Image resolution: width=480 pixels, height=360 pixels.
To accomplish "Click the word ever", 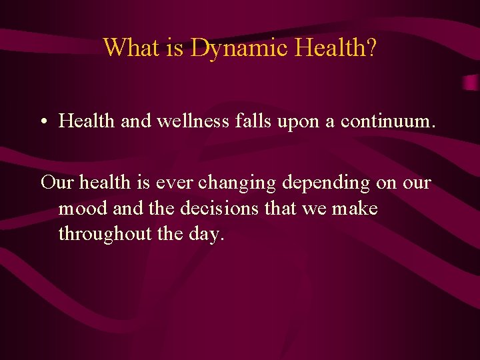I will (177, 182).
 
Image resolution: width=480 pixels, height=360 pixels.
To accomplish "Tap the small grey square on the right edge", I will (471, 83).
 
